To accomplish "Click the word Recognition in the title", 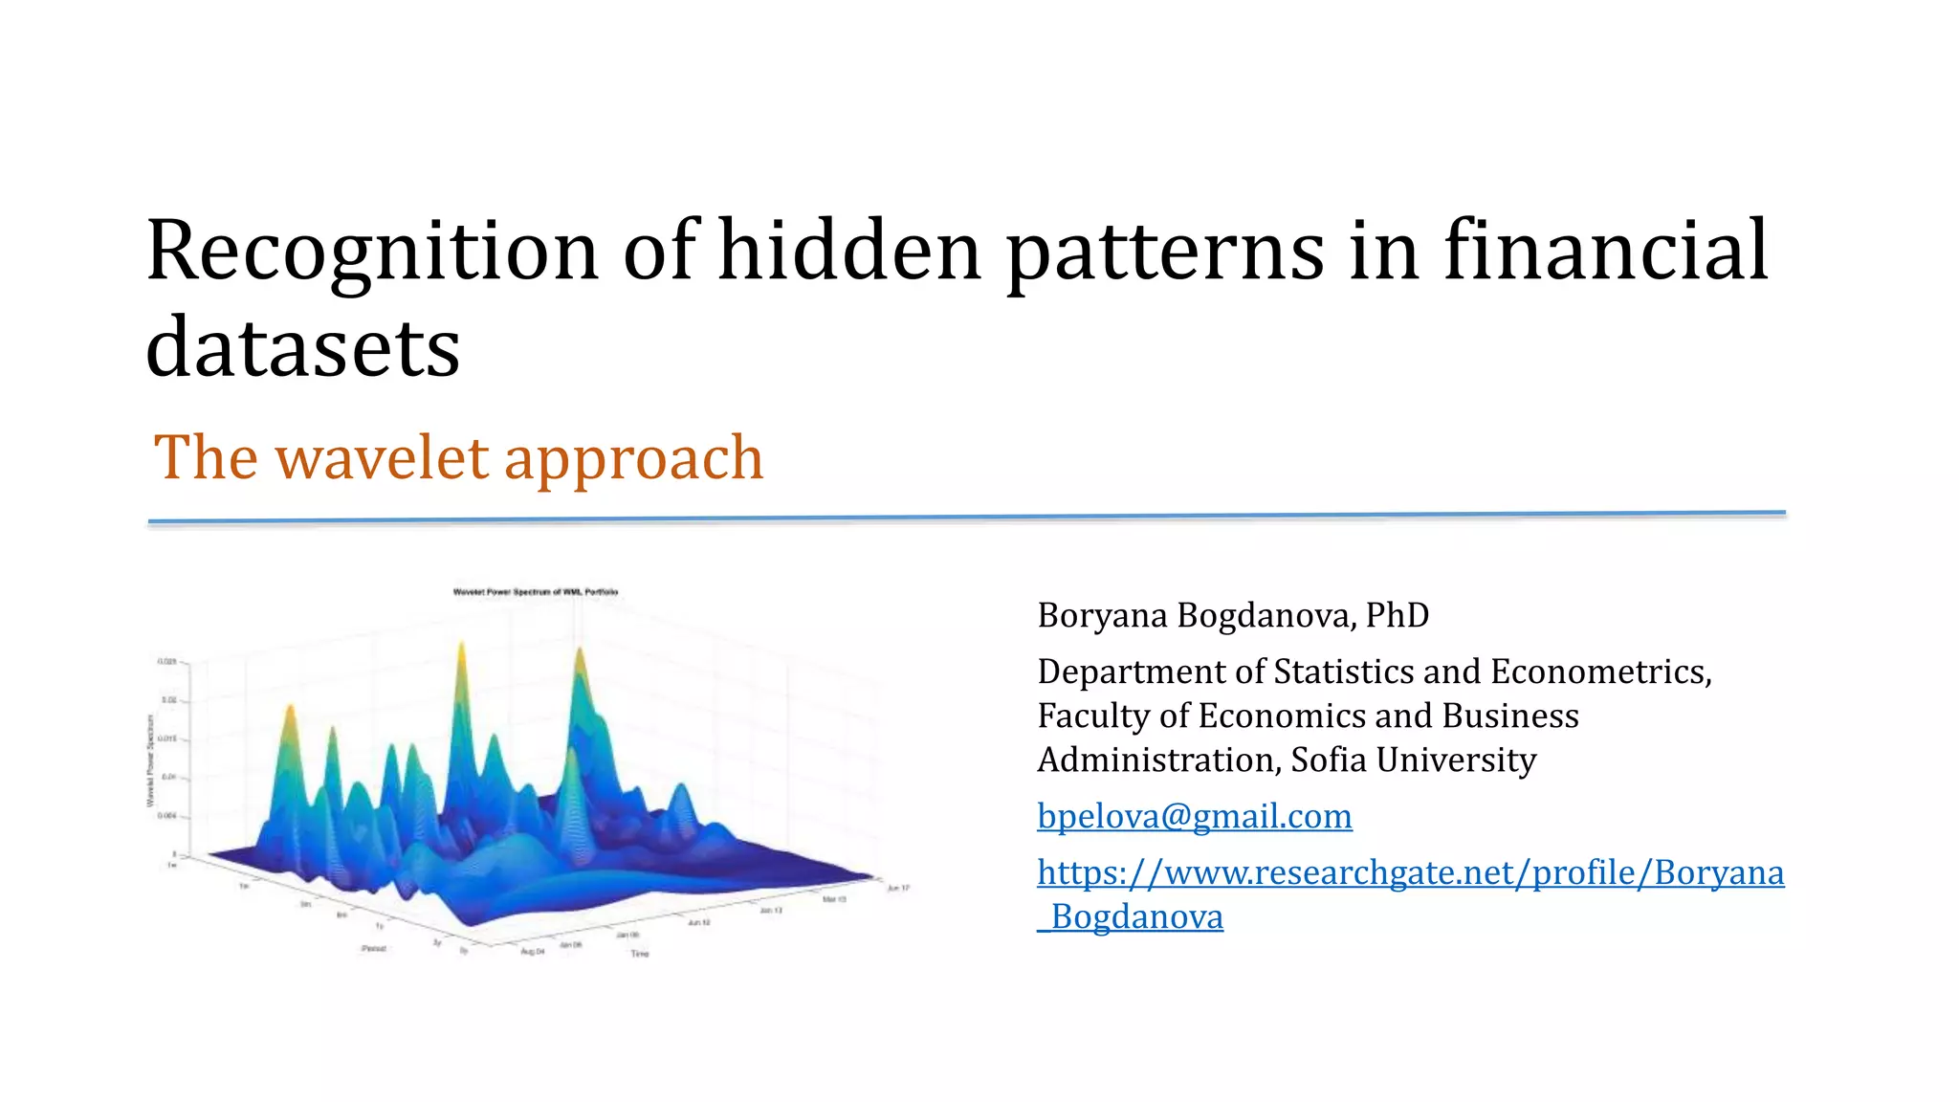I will click(x=372, y=251).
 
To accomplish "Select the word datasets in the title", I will click(x=302, y=347).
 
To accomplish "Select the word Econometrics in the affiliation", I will click(x=1598, y=672).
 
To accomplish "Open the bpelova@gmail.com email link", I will click(x=1195, y=816).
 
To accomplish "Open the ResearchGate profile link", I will click(x=1410, y=872).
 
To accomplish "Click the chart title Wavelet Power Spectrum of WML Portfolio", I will click(x=536, y=592).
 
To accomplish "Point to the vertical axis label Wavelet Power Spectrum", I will click(x=150, y=760).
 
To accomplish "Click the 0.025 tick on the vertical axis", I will click(x=166, y=661).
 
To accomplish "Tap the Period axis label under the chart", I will click(x=374, y=948).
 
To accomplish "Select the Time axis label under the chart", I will click(x=640, y=954).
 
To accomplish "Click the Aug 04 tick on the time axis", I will click(x=532, y=952).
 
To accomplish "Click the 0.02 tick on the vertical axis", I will click(x=168, y=700).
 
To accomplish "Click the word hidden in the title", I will click(x=849, y=251).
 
